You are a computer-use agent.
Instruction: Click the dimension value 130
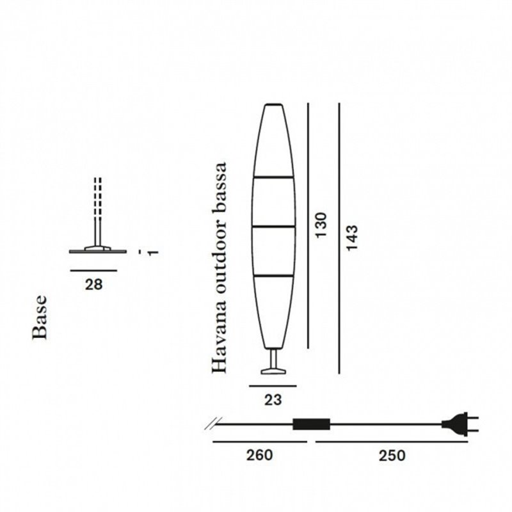click(x=321, y=225)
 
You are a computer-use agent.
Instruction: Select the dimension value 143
click(x=353, y=237)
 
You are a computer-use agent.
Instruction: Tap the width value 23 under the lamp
click(x=273, y=399)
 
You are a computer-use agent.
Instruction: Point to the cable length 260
click(x=259, y=455)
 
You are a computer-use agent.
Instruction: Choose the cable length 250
click(x=392, y=456)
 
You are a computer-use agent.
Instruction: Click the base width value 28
click(x=93, y=285)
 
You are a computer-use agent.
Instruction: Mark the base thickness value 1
click(x=153, y=252)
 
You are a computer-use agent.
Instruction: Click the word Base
click(x=40, y=317)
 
